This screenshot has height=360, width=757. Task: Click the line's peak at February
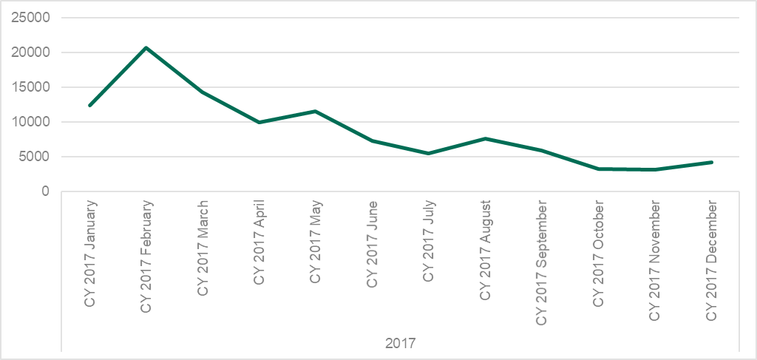click(146, 48)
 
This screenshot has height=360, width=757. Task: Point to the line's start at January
click(89, 106)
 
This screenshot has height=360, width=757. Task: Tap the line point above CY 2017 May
click(316, 112)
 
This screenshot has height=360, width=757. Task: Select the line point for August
click(485, 138)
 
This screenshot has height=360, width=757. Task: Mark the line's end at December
click(711, 162)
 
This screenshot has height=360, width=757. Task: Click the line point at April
click(259, 122)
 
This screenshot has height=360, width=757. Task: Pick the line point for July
click(429, 153)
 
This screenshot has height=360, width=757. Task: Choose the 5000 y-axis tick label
click(35, 157)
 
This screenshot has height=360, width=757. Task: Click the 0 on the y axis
click(45, 191)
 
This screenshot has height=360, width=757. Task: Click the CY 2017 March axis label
click(203, 248)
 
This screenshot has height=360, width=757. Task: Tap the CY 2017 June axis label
click(373, 244)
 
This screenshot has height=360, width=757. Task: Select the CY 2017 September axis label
click(542, 262)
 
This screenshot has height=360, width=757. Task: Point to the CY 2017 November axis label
click(655, 259)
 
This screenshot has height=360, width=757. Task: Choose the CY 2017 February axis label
click(146, 256)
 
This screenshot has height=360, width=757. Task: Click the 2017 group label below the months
click(401, 344)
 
